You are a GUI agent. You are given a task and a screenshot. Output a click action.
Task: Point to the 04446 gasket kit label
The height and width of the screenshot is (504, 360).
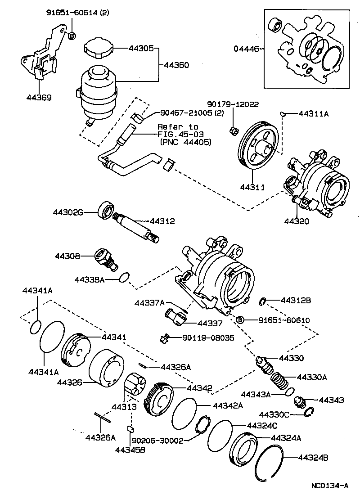tap(246, 49)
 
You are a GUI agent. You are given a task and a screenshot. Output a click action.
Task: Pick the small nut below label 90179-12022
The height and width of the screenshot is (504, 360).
tap(233, 130)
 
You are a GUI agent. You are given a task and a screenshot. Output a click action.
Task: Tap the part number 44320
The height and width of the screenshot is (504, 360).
tap(297, 221)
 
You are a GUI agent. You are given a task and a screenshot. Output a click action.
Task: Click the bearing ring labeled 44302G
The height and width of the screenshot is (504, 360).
tap(106, 211)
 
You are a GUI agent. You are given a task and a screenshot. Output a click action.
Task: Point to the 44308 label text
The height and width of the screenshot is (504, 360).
tap(67, 256)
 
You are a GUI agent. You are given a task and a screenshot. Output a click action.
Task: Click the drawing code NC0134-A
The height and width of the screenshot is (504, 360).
tap(329, 486)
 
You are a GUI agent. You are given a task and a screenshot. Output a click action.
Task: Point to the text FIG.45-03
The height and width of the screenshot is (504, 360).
tap(177, 135)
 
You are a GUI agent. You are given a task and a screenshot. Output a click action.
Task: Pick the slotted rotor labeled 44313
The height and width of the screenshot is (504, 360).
tap(135, 386)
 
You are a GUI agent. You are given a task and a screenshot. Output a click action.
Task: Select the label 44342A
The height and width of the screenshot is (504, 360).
tap(227, 405)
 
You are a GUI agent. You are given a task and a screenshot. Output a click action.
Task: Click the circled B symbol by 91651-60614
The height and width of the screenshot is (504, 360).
tap(72, 35)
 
